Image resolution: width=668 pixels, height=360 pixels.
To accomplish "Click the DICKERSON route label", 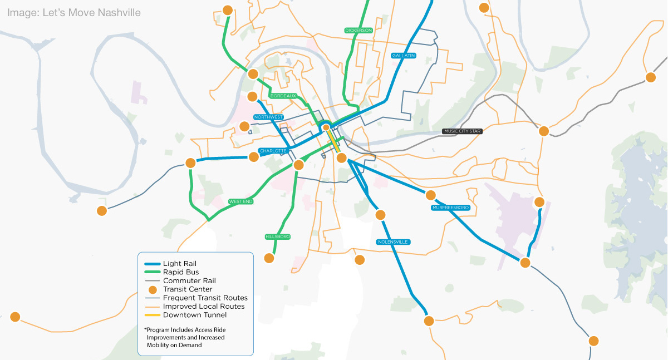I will [358, 30].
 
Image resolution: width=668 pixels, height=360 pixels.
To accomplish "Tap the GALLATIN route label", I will [404, 56].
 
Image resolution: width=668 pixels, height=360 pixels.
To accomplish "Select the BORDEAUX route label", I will [283, 96].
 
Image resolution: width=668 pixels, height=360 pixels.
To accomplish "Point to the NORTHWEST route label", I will [268, 117].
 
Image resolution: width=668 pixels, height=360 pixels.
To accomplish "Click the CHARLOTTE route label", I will [273, 151].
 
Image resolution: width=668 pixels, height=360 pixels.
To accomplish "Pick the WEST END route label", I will [240, 201].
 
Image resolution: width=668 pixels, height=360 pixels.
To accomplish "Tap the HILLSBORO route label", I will [278, 237].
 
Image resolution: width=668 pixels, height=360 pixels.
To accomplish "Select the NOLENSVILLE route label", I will [393, 242].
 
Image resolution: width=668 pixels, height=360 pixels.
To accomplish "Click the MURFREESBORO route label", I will [450, 208].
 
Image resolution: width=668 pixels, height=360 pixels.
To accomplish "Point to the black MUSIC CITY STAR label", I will [461, 131].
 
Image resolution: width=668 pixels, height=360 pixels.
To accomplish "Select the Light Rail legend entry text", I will [180, 263].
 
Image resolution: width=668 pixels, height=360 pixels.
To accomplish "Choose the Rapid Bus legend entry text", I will [181, 272].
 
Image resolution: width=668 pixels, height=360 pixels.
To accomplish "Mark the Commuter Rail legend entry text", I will [189, 281].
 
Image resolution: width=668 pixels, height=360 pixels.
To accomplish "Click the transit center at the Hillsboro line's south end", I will [269, 258].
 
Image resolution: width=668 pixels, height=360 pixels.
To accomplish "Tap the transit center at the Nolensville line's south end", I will [429, 321].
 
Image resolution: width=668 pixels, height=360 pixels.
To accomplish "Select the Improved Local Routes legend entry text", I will [204, 307].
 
